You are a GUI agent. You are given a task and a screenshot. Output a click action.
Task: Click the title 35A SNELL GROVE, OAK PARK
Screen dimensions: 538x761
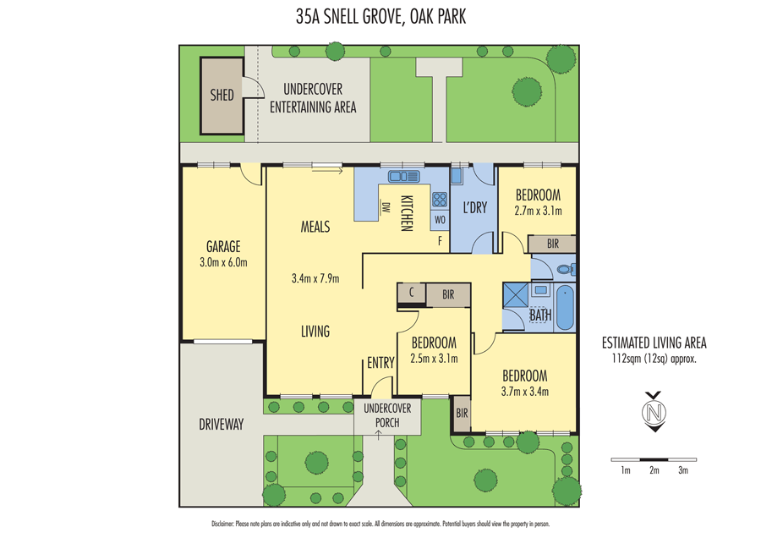pyautogui.click(x=380, y=16)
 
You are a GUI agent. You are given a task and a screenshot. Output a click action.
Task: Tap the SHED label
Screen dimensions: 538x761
pyautogui.click(x=222, y=95)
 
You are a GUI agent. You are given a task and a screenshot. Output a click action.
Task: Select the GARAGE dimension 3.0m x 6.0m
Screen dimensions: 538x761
pyautogui.click(x=223, y=262)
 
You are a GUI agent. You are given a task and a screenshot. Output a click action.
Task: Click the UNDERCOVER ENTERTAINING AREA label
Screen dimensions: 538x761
pyautogui.click(x=313, y=98)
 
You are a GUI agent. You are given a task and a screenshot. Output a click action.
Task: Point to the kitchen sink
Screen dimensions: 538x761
pyautogui.click(x=403, y=177)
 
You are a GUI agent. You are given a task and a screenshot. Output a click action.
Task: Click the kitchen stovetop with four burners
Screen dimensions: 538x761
pyautogui.click(x=440, y=200)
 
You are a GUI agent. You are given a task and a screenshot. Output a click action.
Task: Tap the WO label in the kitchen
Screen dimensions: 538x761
pyautogui.click(x=440, y=220)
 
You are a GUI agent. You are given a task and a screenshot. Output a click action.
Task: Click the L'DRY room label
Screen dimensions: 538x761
pyautogui.click(x=474, y=207)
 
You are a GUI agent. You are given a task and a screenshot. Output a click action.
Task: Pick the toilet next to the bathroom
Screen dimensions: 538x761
pyautogui.click(x=565, y=270)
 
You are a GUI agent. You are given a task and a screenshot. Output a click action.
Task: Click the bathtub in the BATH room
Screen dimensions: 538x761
pyautogui.click(x=565, y=308)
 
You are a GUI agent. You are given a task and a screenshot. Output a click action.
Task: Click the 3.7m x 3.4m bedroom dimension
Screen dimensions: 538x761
pyautogui.click(x=524, y=391)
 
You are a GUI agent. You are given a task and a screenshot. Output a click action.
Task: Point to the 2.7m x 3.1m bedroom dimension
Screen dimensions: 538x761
pyautogui.click(x=539, y=211)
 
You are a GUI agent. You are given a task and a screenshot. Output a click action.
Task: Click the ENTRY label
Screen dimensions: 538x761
pyautogui.click(x=380, y=363)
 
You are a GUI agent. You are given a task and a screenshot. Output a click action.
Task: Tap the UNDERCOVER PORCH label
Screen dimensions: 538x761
pyautogui.click(x=387, y=414)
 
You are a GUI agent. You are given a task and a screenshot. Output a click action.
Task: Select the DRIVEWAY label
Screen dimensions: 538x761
pyautogui.click(x=222, y=425)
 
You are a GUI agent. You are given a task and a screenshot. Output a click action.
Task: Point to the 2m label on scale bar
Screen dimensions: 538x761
pyautogui.click(x=654, y=469)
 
